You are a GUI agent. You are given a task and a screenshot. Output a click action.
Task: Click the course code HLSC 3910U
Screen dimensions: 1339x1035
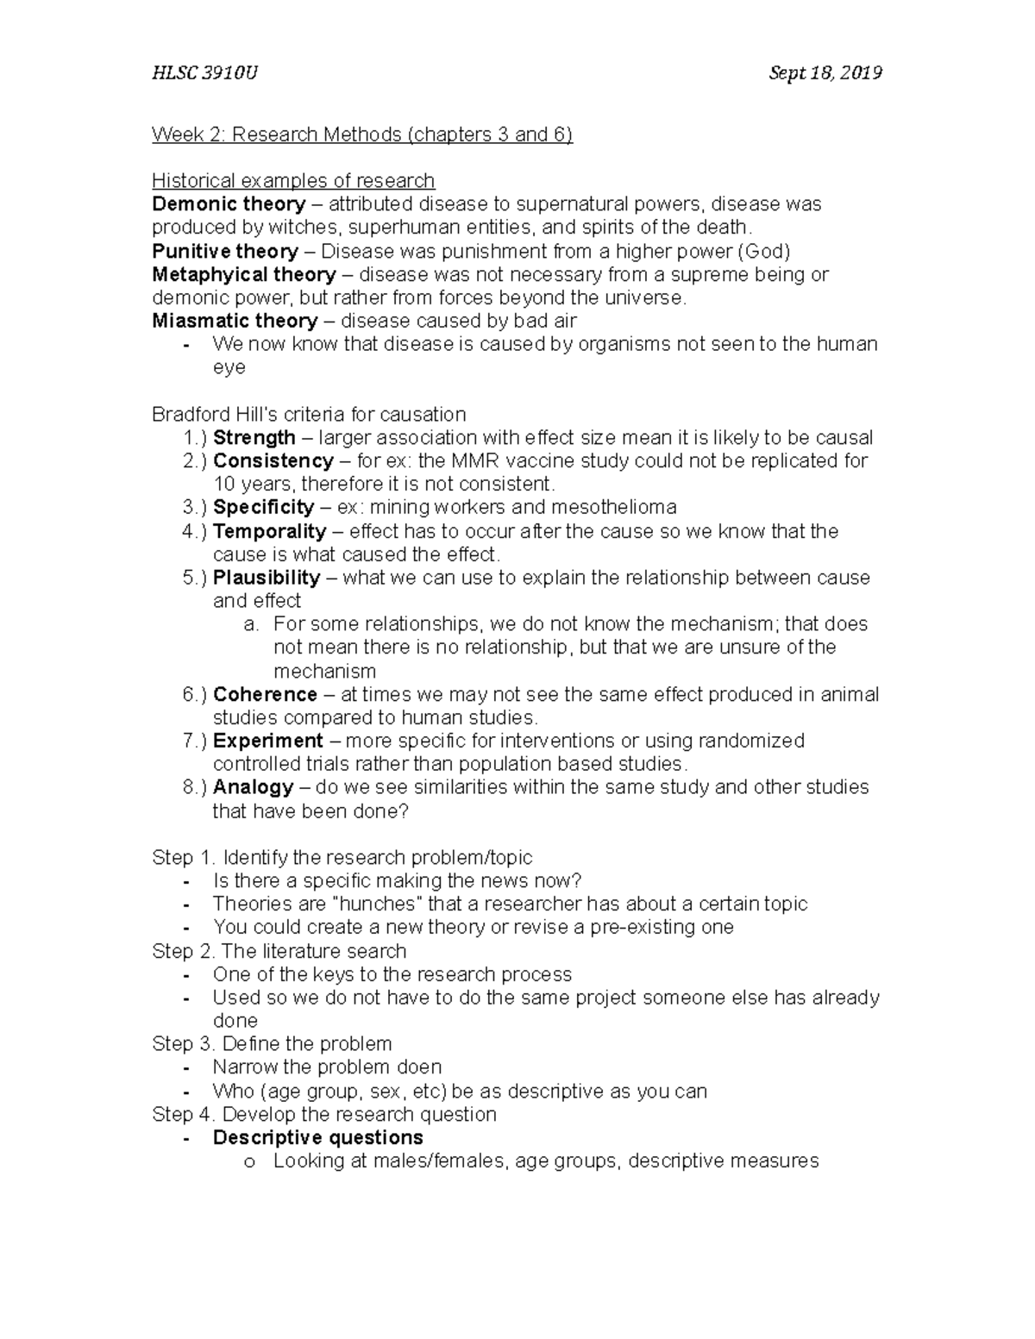pos(204,73)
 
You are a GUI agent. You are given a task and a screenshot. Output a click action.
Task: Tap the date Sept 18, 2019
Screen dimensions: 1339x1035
pos(825,73)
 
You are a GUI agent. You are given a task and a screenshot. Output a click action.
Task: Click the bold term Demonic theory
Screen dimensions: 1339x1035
pos(229,204)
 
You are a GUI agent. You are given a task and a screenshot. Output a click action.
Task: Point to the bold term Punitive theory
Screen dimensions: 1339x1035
pos(225,251)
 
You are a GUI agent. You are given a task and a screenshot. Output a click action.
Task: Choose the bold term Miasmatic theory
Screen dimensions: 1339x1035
pos(235,321)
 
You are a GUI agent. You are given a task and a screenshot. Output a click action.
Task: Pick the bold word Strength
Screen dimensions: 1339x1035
pos(254,438)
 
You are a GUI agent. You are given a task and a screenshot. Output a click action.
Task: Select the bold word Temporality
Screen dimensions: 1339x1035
pos(269,531)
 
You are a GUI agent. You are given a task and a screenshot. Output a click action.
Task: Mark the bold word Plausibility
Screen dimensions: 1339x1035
pos(267,578)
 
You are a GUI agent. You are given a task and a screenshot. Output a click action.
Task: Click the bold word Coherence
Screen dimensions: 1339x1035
pos(265,695)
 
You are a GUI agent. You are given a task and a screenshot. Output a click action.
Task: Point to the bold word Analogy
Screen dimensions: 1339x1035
pos(254,787)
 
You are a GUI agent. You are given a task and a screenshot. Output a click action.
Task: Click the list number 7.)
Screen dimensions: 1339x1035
pos(195,741)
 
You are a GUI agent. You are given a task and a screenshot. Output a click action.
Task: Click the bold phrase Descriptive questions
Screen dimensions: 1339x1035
pos(318,1138)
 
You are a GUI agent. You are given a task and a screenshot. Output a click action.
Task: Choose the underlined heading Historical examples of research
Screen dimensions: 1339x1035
pos(293,181)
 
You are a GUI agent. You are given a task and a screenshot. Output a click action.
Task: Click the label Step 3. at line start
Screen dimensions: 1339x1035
pos(183,1044)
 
